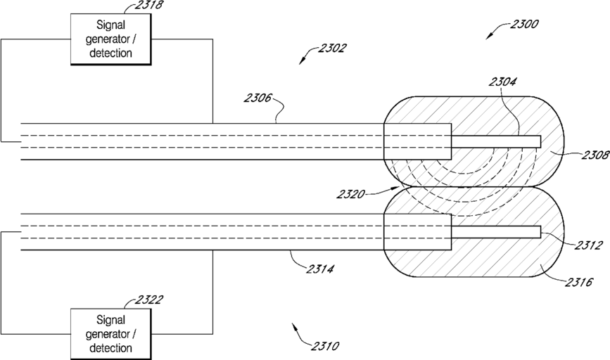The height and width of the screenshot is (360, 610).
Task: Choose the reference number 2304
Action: [502, 82]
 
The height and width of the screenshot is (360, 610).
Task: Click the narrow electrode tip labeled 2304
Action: [496, 141]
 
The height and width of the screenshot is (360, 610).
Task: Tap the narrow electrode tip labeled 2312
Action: [496, 232]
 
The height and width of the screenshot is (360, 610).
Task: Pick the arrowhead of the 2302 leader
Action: [300, 62]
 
